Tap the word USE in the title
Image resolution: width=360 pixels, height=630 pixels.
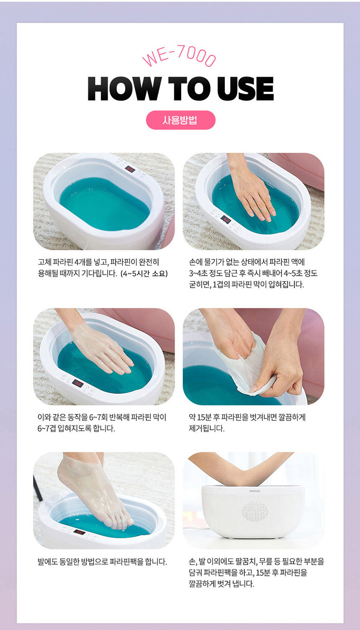(x=245, y=89)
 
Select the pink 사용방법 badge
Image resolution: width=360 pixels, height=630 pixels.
(x=180, y=120)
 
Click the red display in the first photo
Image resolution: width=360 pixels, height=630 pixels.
(x=130, y=169)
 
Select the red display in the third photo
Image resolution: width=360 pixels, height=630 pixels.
(x=77, y=383)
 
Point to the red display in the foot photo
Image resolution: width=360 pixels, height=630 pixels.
(x=80, y=532)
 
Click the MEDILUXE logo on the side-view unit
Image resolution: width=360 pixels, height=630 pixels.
(x=255, y=491)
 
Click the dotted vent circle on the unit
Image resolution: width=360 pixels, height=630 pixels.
(x=255, y=511)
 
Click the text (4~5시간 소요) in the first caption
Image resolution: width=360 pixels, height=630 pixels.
(x=144, y=273)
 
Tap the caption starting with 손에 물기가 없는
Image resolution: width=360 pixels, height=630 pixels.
(x=253, y=273)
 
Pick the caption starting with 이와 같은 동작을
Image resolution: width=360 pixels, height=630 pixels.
(x=102, y=423)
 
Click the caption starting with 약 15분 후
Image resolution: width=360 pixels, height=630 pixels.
(x=247, y=423)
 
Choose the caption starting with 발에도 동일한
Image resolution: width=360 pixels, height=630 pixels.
(x=103, y=562)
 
